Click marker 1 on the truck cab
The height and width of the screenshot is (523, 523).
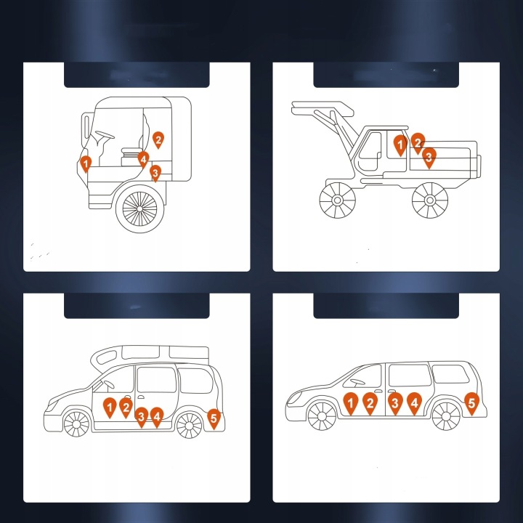pyautogui.click(x=86, y=163)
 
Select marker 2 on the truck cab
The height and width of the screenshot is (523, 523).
pyautogui.click(x=158, y=139)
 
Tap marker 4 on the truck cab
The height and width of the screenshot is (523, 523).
pyautogui.click(x=143, y=159)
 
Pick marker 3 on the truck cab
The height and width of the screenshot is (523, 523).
pyautogui.click(x=155, y=173)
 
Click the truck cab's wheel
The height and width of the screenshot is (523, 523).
pyautogui.click(x=139, y=208)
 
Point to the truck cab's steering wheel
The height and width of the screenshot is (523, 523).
pyautogui.click(x=105, y=134)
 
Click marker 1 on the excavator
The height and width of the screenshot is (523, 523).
pyautogui.click(x=400, y=145)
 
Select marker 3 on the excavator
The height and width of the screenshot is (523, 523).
pyautogui.click(x=429, y=158)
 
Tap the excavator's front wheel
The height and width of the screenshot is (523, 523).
pyautogui.click(x=338, y=200)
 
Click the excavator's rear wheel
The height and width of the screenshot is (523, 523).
pyautogui.click(x=430, y=200)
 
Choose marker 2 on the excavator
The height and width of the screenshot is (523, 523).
pyautogui.click(x=418, y=143)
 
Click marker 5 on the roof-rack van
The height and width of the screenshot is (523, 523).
pyautogui.click(x=214, y=419)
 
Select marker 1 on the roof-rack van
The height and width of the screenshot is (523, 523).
pyautogui.click(x=110, y=408)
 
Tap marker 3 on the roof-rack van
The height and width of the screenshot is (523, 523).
pyautogui.click(x=142, y=417)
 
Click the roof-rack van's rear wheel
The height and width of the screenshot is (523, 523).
pyautogui.click(x=189, y=426)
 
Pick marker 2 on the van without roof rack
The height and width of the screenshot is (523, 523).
pyautogui.click(x=370, y=404)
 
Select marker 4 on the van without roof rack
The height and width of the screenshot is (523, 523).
pyautogui.click(x=414, y=404)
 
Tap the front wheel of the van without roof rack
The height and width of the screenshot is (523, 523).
pyautogui.click(x=322, y=416)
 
